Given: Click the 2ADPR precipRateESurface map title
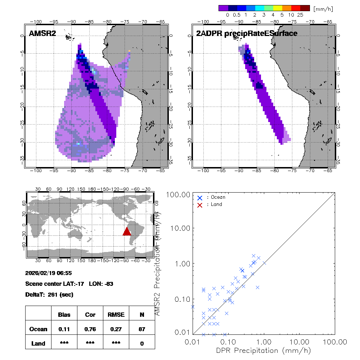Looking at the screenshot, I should [x=247, y=33].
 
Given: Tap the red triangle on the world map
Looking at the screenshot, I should [x=127, y=231].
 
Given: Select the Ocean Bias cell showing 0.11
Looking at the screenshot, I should [x=64, y=329].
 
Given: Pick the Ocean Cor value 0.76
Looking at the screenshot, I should [x=90, y=329].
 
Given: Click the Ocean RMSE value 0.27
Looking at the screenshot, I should [x=116, y=329].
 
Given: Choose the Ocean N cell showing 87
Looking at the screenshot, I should [x=142, y=329].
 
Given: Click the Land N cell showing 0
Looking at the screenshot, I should [x=142, y=343].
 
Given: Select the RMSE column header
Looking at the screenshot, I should [x=116, y=315].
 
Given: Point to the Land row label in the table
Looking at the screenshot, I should [x=38, y=343].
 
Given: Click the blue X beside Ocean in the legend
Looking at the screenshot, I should [x=200, y=198].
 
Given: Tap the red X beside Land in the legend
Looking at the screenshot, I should [x=200, y=204].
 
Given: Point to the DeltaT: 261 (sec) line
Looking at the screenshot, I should [x=49, y=294].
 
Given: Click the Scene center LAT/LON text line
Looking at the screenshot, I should [x=69, y=284].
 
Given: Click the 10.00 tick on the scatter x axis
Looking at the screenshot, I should [x=300, y=341].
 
